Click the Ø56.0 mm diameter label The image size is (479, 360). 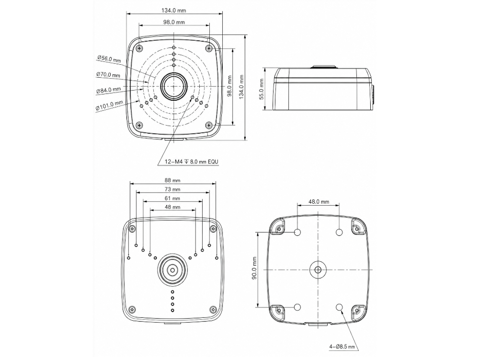coord(109,58)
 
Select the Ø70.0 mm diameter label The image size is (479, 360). coord(108,75)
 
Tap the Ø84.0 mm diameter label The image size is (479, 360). coord(108,90)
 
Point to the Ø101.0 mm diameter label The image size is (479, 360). coord(109,105)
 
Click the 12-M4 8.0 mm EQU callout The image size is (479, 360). coord(192,162)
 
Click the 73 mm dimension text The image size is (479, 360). coord(172,189)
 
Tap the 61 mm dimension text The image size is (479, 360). coord(172,198)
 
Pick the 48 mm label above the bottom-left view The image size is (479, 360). coord(172,207)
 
